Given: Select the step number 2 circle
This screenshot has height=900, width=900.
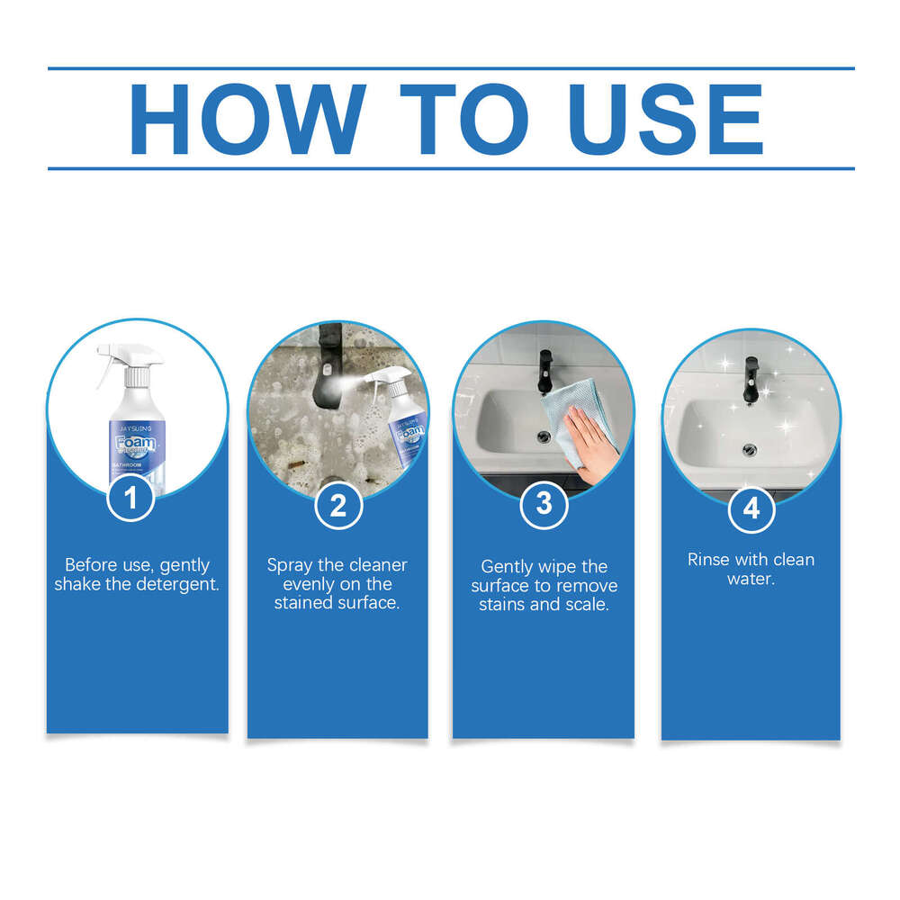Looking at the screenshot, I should [337, 505].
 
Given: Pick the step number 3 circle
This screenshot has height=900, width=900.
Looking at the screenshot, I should [544, 504].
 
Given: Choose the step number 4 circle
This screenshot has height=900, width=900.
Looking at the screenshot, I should [751, 508].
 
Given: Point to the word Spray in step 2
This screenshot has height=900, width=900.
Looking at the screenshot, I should [291, 565].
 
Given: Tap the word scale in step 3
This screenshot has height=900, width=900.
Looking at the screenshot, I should [589, 604].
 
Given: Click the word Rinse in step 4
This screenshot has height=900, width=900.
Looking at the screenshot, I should [708, 559].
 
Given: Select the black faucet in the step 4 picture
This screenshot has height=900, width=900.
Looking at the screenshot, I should [750, 377].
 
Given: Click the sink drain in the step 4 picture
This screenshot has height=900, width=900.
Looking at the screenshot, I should [748, 446].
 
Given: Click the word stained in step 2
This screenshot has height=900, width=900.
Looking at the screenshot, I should [306, 603].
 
